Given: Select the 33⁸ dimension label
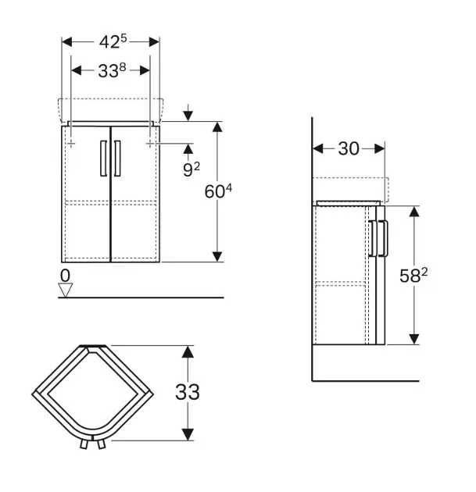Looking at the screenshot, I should click(111, 70).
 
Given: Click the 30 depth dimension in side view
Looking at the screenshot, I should click(349, 148).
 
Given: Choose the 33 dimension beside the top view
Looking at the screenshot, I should click(187, 391).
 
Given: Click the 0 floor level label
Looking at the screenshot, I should click(65, 275).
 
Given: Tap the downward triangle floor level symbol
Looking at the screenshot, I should click(66, 290).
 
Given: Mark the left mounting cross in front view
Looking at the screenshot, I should click(70, 144).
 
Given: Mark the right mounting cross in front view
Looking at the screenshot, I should click(151, 144).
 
